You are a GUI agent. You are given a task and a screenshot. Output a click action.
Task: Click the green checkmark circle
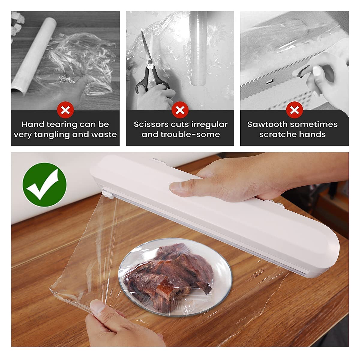tap(44, 184)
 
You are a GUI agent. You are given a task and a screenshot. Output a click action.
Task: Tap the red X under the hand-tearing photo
tap(65, 110)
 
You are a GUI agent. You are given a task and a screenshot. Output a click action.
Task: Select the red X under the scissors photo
tap(180, 110)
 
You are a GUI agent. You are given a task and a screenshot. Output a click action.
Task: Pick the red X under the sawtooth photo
tap(294, 110)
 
